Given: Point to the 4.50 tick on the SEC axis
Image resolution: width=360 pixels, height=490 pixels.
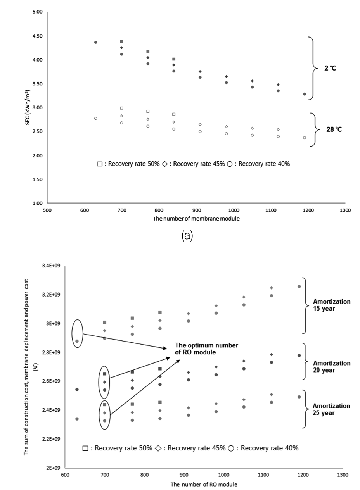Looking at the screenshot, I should (37, 36).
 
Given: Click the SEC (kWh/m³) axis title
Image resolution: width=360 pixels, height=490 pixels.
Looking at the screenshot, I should (28, 108).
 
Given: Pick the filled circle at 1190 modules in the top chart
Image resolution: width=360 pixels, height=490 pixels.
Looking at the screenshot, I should (305, 94).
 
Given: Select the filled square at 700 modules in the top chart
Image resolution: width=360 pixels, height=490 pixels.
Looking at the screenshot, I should (121, 41).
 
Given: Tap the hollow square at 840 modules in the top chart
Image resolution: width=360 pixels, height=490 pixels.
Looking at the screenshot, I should (174, 114).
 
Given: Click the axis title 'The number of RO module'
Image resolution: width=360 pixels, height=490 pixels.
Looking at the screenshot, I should (203, 485).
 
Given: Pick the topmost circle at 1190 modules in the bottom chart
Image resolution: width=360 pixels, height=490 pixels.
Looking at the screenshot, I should (299, 286).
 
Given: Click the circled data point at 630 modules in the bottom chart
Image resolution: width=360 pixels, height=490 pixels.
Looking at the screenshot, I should (77, 341).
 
